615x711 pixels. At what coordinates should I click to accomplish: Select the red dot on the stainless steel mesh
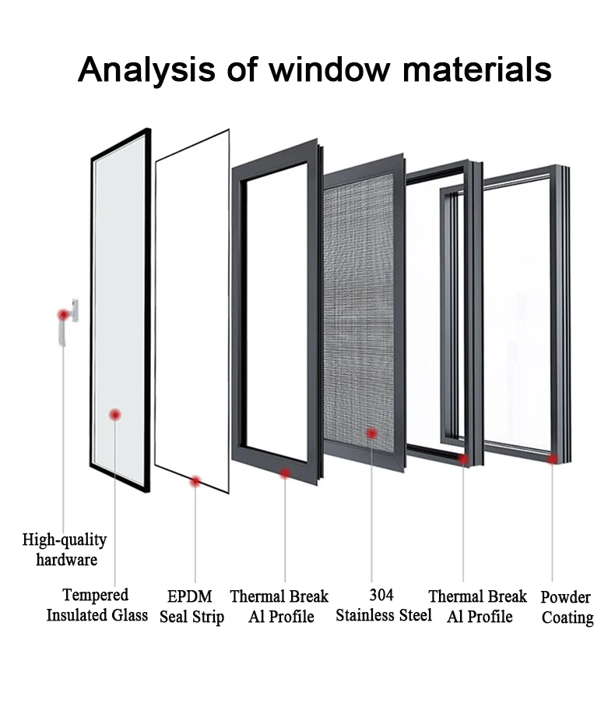coord(372,433)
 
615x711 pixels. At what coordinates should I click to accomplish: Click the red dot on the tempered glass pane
coord(115,415)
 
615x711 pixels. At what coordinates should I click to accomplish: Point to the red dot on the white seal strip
coord(195,481)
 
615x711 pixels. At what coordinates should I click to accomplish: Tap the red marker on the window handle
coord(62,314)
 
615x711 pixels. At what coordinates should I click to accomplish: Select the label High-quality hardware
coord(65,549)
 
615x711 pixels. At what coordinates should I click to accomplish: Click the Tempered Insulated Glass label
coord(97,605)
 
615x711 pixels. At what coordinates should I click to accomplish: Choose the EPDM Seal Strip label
coord(192,607)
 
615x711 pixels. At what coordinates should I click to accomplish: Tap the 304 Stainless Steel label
coord(383,605)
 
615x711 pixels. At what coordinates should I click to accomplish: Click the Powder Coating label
coord(567,607)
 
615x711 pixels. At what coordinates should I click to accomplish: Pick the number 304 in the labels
coord(381,595)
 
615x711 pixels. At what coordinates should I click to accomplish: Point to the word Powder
coord(566,597)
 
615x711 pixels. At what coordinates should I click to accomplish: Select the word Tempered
coord(96,595)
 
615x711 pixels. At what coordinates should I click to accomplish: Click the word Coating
coord(568,617)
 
